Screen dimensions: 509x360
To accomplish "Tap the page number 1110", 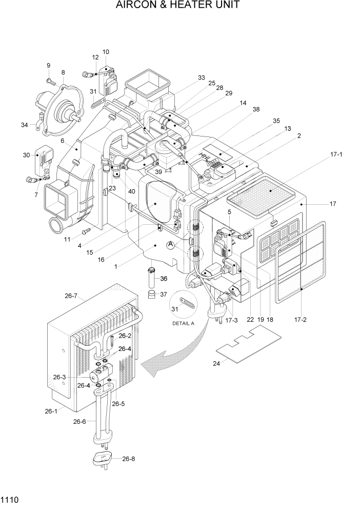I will coord(10,499).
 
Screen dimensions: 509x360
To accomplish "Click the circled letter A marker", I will coord(171,246).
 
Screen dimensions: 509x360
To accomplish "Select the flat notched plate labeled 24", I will coord(248,346).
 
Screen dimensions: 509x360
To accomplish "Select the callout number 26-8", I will coord(130,459).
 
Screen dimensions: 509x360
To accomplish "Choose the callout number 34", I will coord(25,125).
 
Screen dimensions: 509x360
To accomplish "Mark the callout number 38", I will coord(256,109).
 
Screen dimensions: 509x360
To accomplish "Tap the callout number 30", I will coord(26,155).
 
